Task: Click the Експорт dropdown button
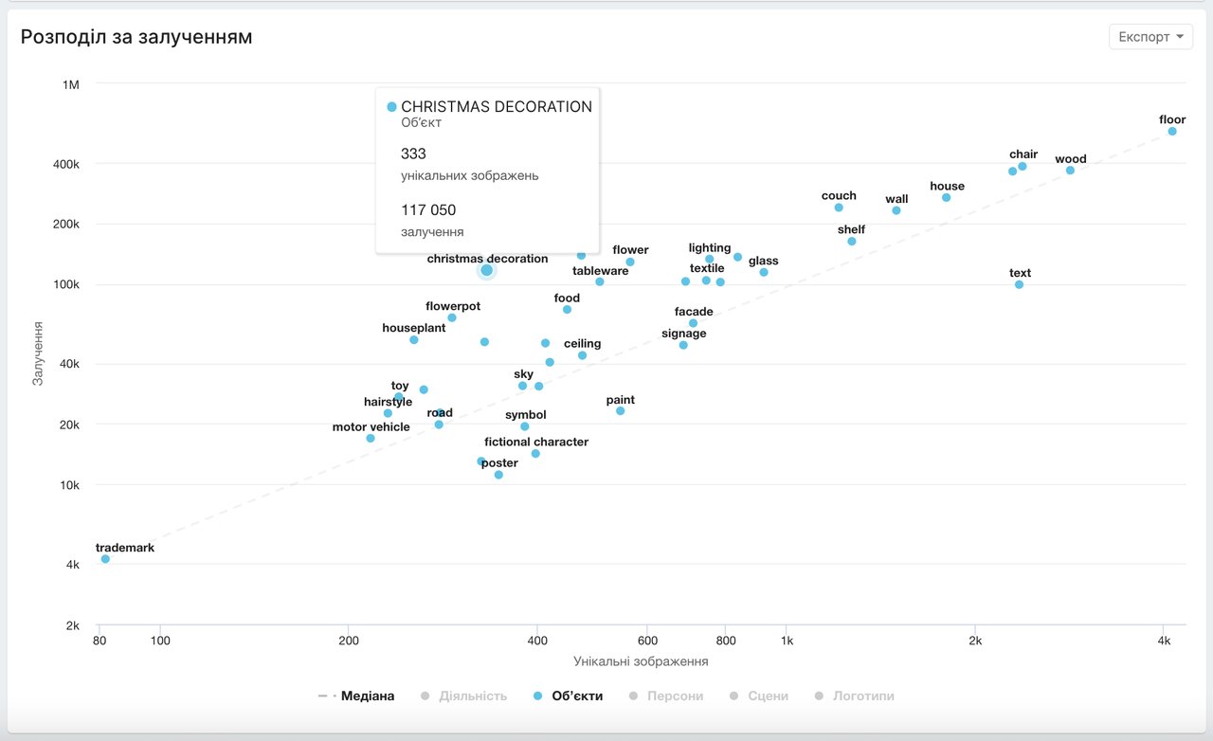[1150, 37]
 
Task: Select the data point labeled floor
[1172, 132]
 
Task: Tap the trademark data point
[105, 559]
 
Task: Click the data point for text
[1019, 285]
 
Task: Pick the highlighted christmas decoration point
[487, 270]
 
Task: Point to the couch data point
[839, 208]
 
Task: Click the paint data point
[621, 411]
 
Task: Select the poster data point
[498, 475]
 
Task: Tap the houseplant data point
[414, 340]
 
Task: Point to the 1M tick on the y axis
[70, 85]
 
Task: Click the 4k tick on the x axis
[1165, 641]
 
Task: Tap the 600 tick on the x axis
[647, 641]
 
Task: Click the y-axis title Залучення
[39, 353]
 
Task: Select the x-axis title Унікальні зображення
[642, 661]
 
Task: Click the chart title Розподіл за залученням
[136, 37]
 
